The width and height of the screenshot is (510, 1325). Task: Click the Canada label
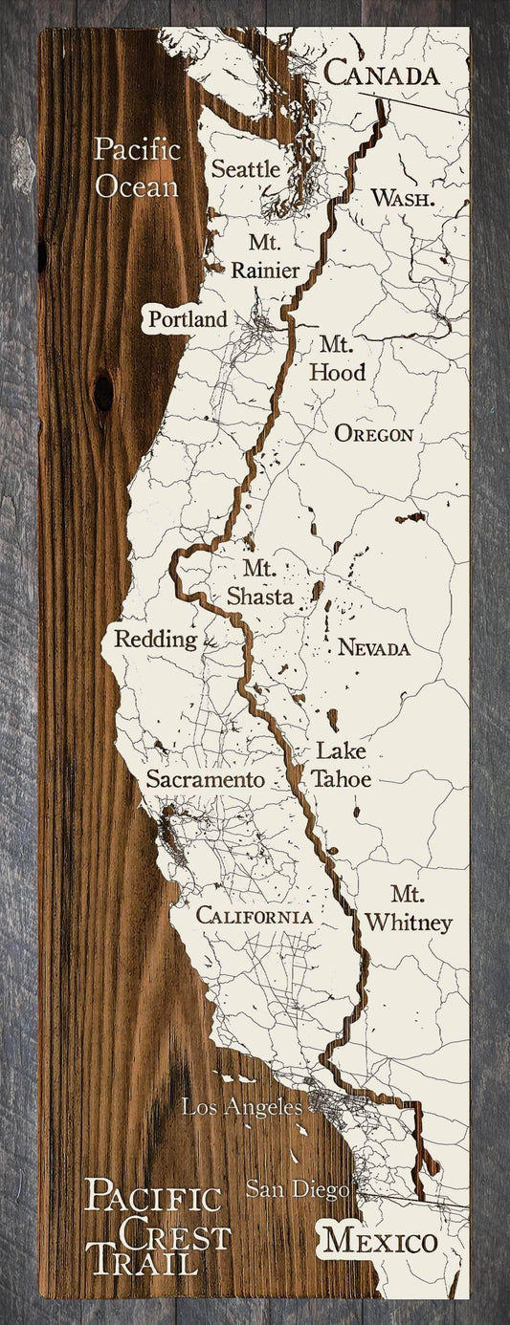click(383, 74)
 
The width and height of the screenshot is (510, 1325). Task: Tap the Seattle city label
click(246, 169)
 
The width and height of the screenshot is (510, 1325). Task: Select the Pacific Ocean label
click(136, 167)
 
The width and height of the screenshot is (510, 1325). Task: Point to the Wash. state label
click(403, 199)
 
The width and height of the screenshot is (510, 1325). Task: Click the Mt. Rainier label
click(264, 256)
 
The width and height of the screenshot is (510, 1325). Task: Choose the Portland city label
click(188, 319)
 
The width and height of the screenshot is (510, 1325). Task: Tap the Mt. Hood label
click(337, 358)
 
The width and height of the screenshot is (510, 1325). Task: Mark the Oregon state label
click(373, 434)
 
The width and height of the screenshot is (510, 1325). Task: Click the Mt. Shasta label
click(259, 581)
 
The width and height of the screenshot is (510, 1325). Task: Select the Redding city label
click(155, 640)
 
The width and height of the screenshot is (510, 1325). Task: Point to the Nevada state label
click(373, 648)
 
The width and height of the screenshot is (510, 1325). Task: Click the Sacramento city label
click(205, 780)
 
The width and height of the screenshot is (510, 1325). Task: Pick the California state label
click(255, 916)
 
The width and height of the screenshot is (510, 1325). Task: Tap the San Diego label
click(297, 1190)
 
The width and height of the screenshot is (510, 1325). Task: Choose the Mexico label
click(379, 1241)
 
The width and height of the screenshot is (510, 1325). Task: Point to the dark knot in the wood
click(102, 392)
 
